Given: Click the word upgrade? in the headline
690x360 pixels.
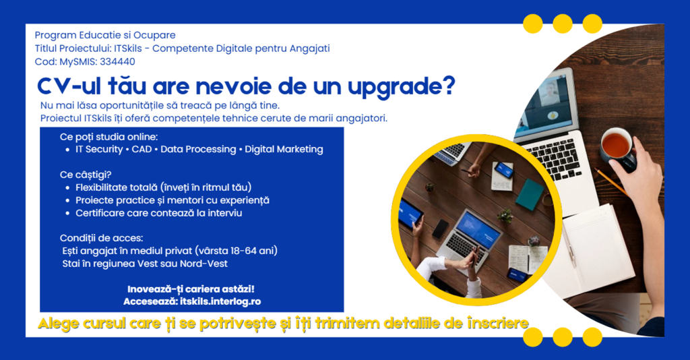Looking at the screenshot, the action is pyautogui.click(x=402, y=87).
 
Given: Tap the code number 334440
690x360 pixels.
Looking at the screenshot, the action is pyautogui.click(x=117, y=61).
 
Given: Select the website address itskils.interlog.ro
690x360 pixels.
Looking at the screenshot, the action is pyautogui.click(x=220, y=301).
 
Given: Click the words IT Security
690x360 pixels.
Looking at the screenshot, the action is pyautogui.click(x=99, y=149).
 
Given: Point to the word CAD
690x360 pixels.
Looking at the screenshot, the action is pyautogui.click(x=142, y=149).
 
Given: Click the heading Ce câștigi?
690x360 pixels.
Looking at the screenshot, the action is pyautogui.click(x=86, y=175).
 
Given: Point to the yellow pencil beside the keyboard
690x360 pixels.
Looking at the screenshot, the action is pyautogui.click(x=611, y=181).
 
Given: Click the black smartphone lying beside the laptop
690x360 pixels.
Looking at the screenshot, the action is pyautogui.click(x=440, y=229).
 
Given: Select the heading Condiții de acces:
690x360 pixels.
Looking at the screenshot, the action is pyautogui.click(x=101, y=238).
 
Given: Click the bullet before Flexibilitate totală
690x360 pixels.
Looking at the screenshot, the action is pyautogui.click(x=67, y=188).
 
